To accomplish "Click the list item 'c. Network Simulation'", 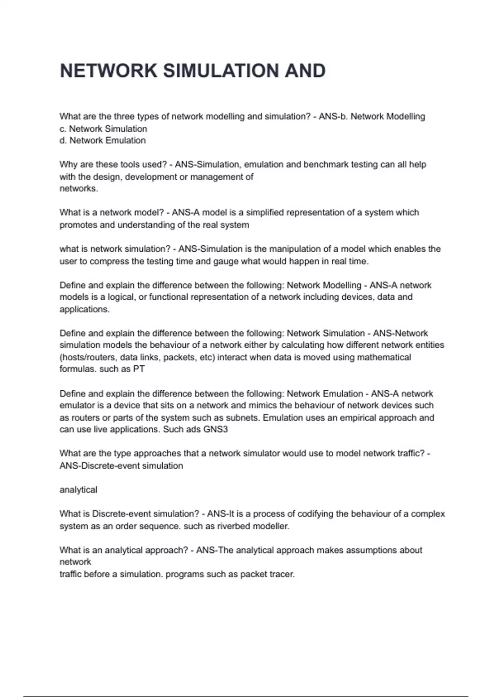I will pos(103,129).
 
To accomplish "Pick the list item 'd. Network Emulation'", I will pos(102,141).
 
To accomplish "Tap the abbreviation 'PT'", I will pos(139,369).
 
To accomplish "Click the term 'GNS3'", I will pos(215,430).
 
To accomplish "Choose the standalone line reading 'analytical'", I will pos(78,490).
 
